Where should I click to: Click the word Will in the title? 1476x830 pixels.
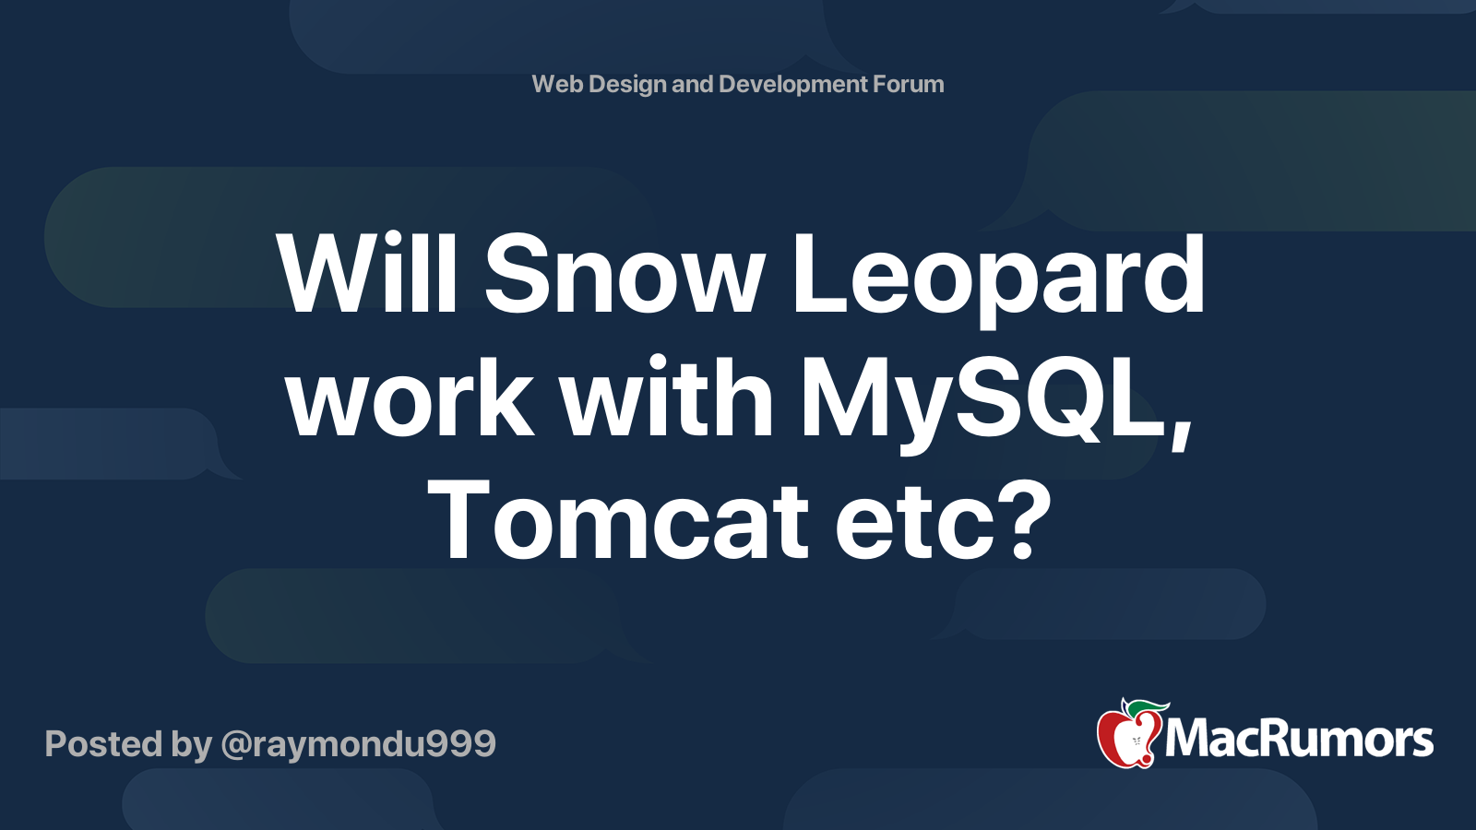pos(368,274)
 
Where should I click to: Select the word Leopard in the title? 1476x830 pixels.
pos(998,274)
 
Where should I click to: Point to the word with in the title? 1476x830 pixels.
pos(667,398)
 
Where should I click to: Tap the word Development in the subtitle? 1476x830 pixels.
pos(793,84)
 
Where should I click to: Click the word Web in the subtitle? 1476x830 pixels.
pos(556,84)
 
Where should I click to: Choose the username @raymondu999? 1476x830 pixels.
pos(358,744)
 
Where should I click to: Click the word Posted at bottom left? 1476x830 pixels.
pos(104,744)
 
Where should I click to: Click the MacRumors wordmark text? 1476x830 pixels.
pos(1299,739)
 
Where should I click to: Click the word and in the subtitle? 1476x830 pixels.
pos(692,84)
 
